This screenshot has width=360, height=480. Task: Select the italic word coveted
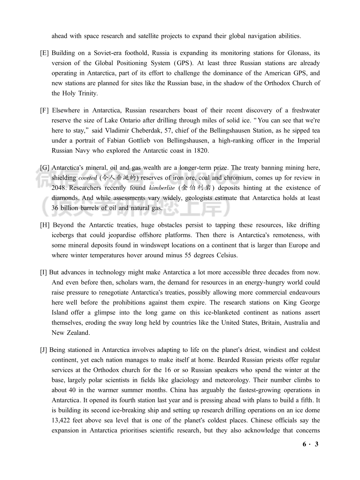pyautogui.click(x=88, y=178)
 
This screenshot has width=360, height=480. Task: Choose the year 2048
pyautogui.click(x=59, y=188)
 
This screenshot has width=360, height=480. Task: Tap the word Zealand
pyautogui.click(x=79, y=333)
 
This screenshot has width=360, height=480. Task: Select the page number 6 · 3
pyautogui.click(x=311, y=444)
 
